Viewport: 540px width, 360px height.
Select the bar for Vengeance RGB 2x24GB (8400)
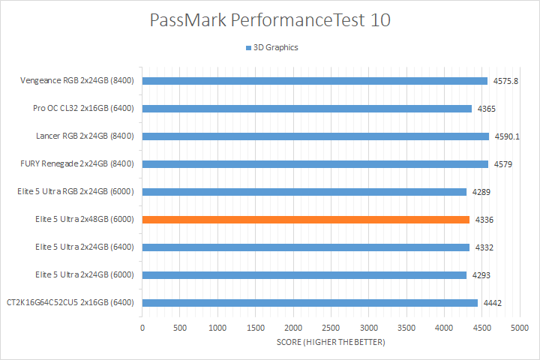[315, 81]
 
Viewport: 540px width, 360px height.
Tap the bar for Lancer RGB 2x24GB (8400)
[316, 136]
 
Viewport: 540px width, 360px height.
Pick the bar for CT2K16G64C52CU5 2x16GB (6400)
[310, 303]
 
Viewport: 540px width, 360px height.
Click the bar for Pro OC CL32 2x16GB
[307, 109]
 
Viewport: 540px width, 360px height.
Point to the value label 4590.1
[506, 136]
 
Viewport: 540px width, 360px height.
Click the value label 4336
[484, 220]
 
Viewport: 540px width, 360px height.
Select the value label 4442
[492, 303]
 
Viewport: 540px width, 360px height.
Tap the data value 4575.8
[505, 81]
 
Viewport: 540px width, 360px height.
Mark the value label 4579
[502, 164]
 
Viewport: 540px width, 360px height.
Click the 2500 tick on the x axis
[331, 328]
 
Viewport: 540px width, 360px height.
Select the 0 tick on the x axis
[142, 328]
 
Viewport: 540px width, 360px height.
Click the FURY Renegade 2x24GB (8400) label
[77, 164]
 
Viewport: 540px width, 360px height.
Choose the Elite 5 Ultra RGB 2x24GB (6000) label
[75, 192]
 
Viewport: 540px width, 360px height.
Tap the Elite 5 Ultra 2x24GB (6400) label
[84, 247]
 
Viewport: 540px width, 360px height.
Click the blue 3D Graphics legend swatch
[248, 48]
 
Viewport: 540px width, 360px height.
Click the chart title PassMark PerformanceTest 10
[270, 20]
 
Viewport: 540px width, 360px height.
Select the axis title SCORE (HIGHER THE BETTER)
[330, 343]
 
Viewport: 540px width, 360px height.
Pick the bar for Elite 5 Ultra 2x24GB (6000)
[304, 275]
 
